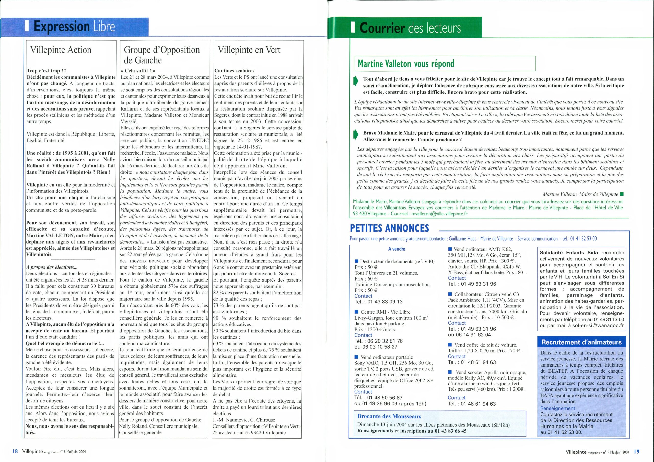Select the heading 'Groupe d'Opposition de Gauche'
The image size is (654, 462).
162,55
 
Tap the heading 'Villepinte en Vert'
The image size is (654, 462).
249,50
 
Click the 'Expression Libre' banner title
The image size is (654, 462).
74,27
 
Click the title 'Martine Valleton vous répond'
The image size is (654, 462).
406,64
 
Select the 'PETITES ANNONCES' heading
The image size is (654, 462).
389,228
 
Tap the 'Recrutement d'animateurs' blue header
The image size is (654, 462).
581,342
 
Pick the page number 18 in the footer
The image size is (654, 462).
15,452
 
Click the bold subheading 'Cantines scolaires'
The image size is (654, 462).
234,71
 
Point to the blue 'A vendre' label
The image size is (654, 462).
396,249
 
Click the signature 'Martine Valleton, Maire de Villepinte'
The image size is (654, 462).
580,194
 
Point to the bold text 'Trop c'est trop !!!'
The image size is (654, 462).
47,71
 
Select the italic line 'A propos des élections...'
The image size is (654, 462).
52,267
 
